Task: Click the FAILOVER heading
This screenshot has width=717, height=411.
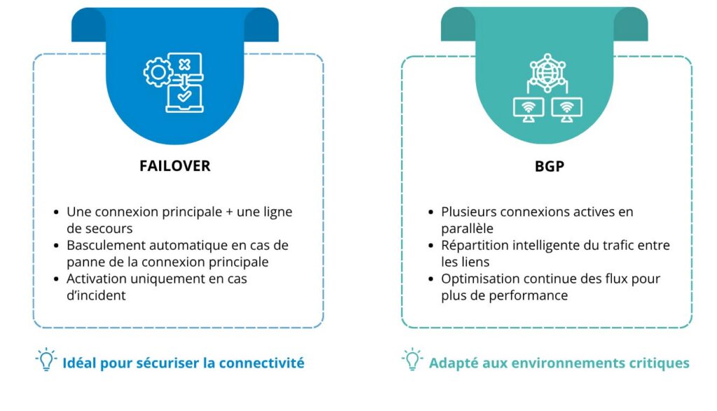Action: point(174,165)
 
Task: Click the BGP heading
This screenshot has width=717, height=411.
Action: point(549,166)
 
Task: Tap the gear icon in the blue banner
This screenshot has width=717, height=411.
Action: point(158,72)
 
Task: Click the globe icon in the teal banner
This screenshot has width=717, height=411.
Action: point(548,73)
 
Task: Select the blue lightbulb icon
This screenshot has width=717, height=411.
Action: point(46,359)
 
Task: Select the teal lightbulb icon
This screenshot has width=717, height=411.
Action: point(412,359)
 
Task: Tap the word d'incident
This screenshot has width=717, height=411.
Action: point(96,295)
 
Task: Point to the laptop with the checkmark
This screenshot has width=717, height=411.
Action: point(184,98)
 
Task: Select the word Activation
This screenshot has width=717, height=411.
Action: point(97,279)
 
